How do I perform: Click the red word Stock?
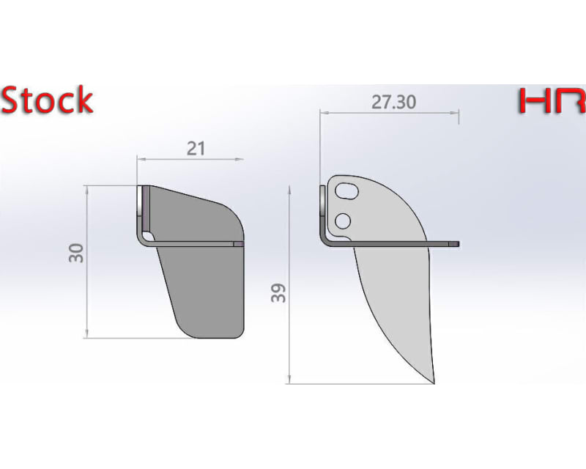[47, 100]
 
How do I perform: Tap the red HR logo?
[552, 101]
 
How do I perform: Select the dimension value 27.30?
[393, 102]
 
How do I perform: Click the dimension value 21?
[196, 148]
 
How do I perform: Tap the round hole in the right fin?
[342, 220]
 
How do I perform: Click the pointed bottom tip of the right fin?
[433, 381]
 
